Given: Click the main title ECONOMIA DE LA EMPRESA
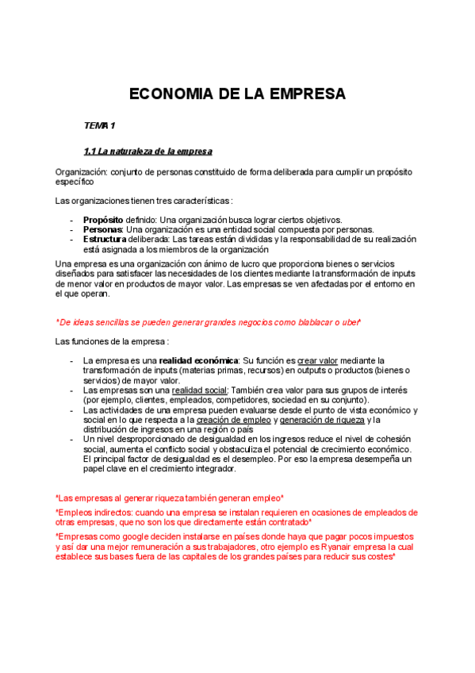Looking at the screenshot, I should click(237, 94).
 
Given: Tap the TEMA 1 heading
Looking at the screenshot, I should click(100, 126).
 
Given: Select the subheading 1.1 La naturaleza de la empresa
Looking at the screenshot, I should click(147, 151).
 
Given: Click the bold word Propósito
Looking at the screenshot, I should click(103, 220).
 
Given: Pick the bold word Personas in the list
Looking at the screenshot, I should click(102, 229).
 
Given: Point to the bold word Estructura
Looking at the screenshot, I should click(104, 239).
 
